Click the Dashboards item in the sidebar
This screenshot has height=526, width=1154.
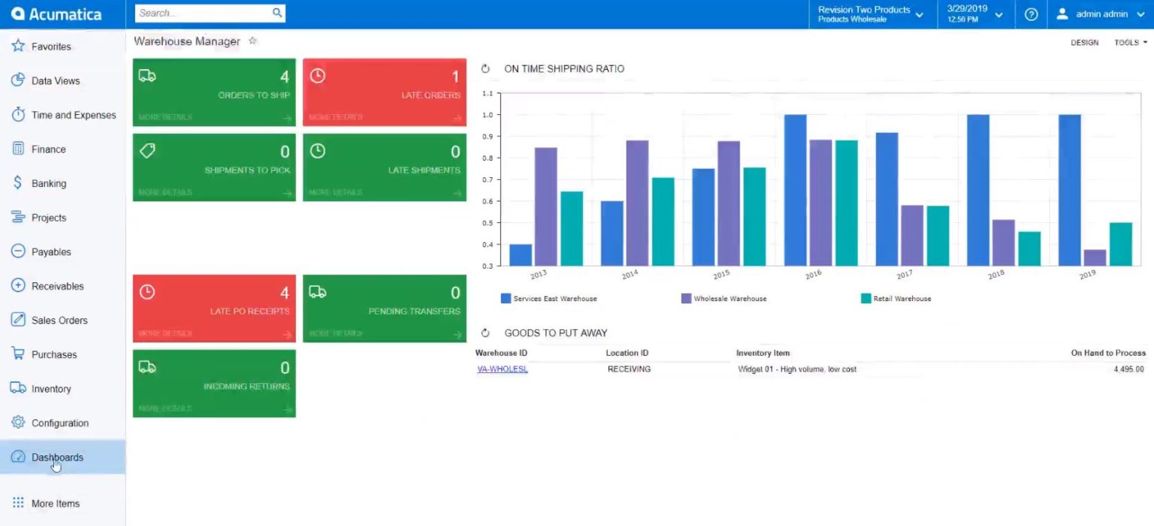[x=57, y=457]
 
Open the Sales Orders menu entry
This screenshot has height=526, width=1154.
[x=59, y=320]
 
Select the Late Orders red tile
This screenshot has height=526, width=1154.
[x=384, y=92]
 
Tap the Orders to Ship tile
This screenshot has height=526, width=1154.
[x=214, y=92]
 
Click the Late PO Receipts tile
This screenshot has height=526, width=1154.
[x=214, y=308]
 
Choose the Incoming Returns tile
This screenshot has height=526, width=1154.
[x=214, y=383]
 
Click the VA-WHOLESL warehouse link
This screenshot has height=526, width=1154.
[x=502, y=369]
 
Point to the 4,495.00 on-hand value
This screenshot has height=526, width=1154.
[x=1128, y=369]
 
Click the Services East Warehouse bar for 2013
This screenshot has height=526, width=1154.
[x=521, y=255]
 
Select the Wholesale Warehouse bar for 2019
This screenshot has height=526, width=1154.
[x=1095, y=258]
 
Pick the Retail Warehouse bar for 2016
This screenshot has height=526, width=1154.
[x=846, y=203]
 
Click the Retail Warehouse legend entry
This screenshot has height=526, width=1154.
[x=902, y=299]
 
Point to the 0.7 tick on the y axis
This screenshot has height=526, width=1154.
[x=488, y=180]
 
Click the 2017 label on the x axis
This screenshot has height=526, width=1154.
[x=904, y=275]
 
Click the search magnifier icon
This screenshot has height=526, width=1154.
[x=276, y=13]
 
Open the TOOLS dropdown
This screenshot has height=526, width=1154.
[x=1130, y=43]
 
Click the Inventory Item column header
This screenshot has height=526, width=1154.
[x=763, y=353]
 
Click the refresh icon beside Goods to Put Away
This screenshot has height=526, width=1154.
[x=485, y=332]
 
